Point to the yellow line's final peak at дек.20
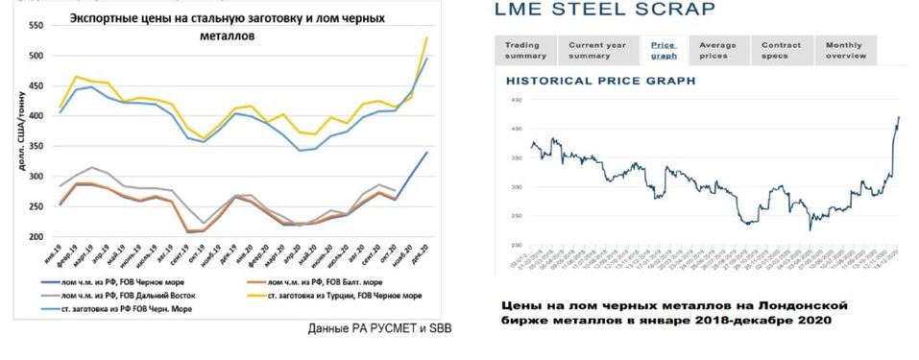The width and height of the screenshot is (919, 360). (x=426, y=37)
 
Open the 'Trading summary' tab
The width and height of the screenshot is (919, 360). (x=523, y=50)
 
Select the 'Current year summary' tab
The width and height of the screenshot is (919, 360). (x=597, y=50)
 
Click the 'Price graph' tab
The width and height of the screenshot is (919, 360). (x=664, y=50)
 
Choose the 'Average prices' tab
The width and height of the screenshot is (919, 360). (x=717, y=50)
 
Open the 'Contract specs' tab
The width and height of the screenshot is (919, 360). (x=781, y=50)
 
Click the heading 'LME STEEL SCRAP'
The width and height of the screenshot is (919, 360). (x=604, y=10)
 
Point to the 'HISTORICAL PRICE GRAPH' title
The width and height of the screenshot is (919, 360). (x=600, y=82)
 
